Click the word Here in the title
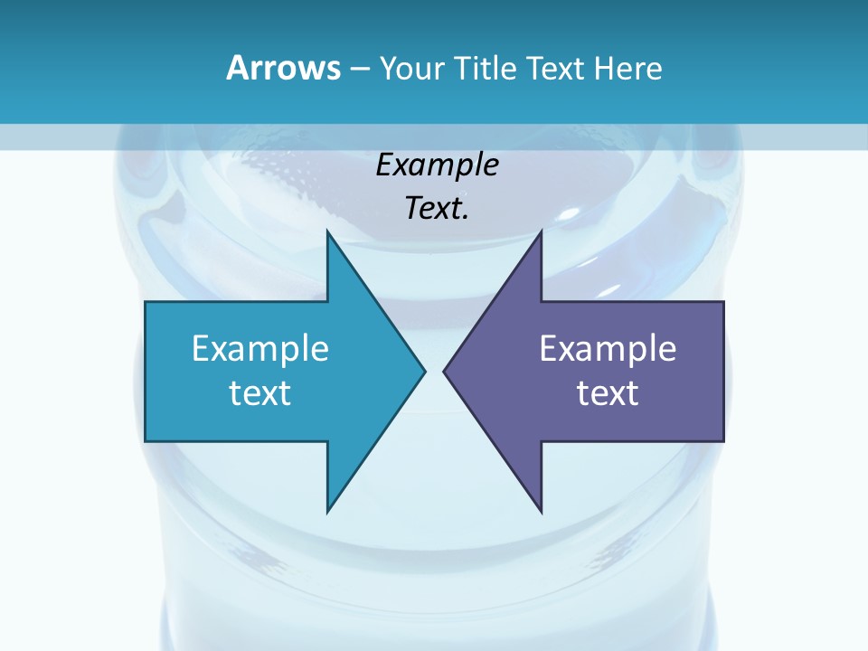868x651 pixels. point(627,68)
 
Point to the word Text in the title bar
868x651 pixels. point(555,68)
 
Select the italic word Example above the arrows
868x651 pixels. point(438,165)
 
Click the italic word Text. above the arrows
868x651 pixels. point(438,209)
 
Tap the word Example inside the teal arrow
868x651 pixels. point(260,349)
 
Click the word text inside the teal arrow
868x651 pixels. point(260,393)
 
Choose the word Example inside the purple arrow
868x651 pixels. point(608,349)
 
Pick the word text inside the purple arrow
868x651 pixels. point(608,393)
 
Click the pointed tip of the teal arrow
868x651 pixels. point(424,371)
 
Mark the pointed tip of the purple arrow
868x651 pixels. point(445,371)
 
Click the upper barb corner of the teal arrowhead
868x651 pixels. point(328,231)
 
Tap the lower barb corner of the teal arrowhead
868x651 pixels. point(328,511)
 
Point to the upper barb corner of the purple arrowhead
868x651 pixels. point(540,231)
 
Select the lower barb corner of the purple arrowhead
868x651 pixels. point(540,511)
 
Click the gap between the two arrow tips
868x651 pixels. point(434,371)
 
